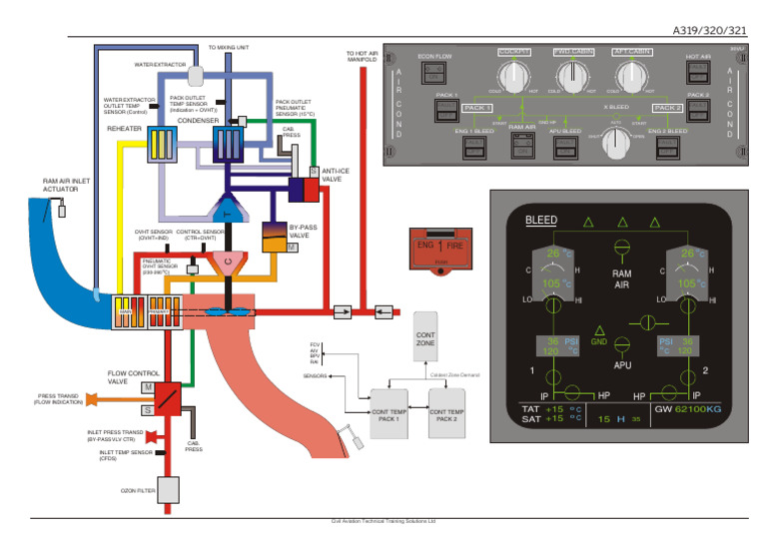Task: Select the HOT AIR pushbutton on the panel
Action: tap(697, 75)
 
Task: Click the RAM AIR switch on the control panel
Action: tap(521, 147)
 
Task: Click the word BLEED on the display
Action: tap(541, 220)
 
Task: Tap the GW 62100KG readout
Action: tap(688, 409)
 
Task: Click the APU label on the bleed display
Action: tap(622, 365)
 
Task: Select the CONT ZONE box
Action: tap(425, 337)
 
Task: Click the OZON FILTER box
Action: tap(166, 490)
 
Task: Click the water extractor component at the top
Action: tap(196, 74)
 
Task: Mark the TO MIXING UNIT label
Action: tap(229, 47)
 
